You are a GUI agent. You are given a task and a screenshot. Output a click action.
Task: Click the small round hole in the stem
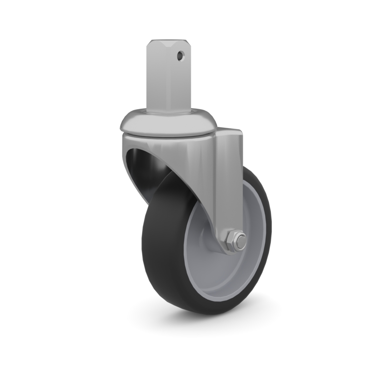[x=180, y=56]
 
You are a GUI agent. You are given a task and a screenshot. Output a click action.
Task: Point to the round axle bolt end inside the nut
[x=241, y=242]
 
